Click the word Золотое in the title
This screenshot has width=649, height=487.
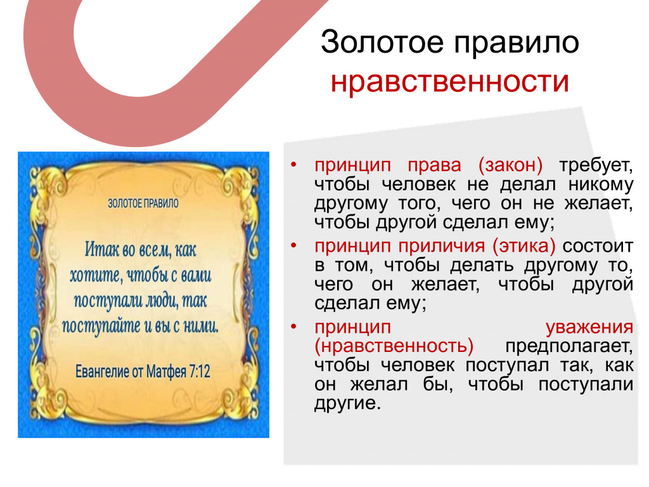[x=382, y=42]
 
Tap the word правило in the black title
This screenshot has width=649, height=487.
[x=516, y=42]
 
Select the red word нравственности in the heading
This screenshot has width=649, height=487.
[x=450, y=81]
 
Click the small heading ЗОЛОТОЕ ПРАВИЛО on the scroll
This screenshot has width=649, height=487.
[x=143, y=204]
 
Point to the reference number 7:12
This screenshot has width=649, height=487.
[x=200, y=371]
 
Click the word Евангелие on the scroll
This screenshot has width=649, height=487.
[x=101, y=372]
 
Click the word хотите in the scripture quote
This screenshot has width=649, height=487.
[x=96, y=275]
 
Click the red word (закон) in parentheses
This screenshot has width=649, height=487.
[x=510, y=165]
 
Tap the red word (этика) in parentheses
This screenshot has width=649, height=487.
[x=524, y=245]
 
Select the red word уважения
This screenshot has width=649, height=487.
[x=589, y=327]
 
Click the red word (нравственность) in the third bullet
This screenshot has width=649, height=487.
[x=394, y=346]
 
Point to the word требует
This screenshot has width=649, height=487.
[x=596, y=166]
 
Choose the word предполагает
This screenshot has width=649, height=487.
[x=569, y=346]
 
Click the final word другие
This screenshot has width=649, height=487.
[x=347, y=403]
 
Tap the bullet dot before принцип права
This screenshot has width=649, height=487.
[x=293, y=165]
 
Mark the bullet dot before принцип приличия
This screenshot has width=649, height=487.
[x=293, y=245]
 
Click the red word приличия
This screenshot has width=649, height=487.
[x=441, y=246]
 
